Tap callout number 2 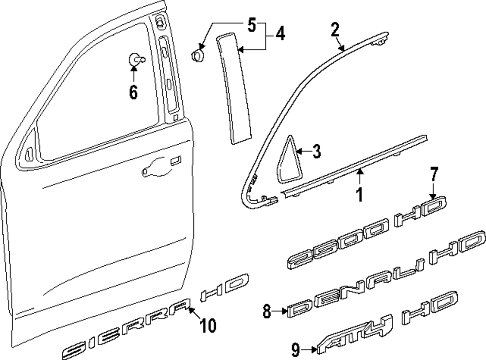335,30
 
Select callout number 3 316,152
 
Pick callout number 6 133,90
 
